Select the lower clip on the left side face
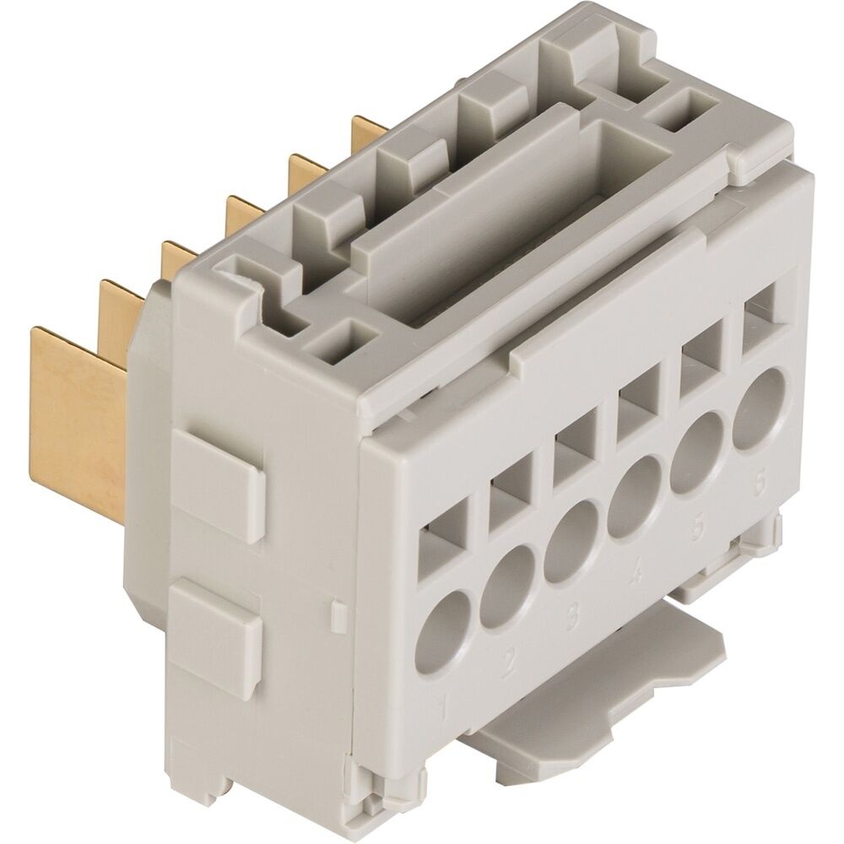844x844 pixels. tap(219, 629)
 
